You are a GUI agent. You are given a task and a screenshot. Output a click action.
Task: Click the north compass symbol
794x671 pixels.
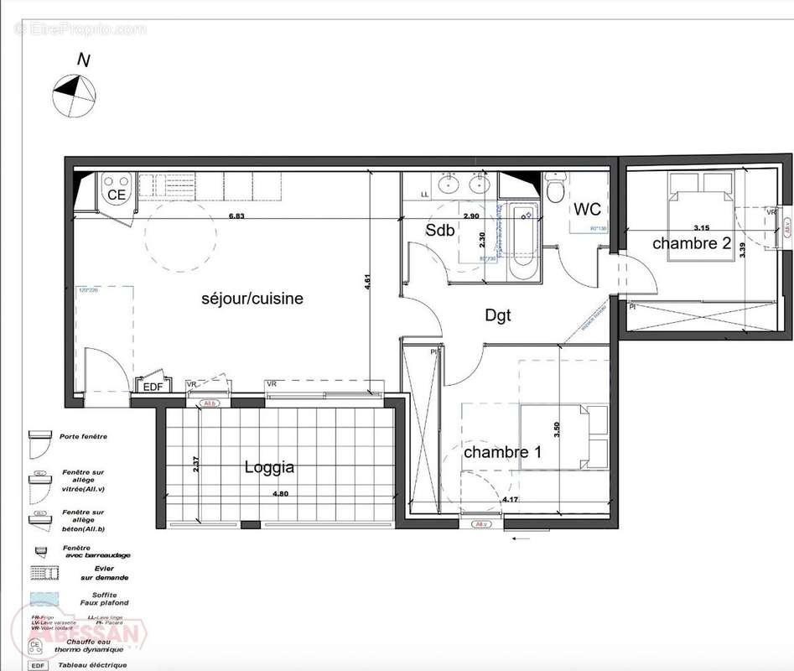click(74, 93)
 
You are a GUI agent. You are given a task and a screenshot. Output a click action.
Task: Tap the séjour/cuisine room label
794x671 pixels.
click(252, 299)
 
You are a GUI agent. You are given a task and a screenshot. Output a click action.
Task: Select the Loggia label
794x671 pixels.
click(269, 467)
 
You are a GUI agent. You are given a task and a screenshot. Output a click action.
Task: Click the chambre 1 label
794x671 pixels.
click(503, 452)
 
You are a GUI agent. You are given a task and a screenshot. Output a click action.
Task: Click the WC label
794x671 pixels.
click(587, 209)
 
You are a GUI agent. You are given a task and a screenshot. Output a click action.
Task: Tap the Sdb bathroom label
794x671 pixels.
click(440, 230)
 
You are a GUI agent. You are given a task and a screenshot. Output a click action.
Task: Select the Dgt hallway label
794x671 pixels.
click(498, 315)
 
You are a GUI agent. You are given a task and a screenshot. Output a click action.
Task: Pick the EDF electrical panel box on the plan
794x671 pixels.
click(153, 387)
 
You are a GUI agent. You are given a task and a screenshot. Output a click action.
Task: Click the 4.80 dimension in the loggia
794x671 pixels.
click(279, 494)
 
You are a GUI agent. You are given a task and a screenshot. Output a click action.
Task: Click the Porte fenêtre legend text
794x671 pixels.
click(83, 436)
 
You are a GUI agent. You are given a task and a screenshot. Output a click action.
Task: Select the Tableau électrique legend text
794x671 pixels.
click(92, 665)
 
